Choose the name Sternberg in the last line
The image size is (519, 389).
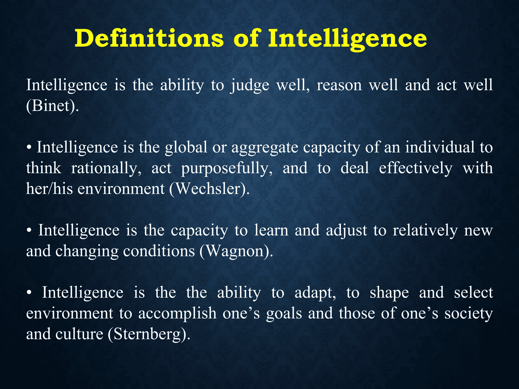click(x=147, y=334)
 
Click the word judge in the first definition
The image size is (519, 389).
click(x=250, y=85)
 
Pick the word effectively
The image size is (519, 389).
click(x=416, y=168)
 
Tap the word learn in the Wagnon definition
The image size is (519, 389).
click(x=271, y=230)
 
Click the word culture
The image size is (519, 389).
click(x=79, y=334)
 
